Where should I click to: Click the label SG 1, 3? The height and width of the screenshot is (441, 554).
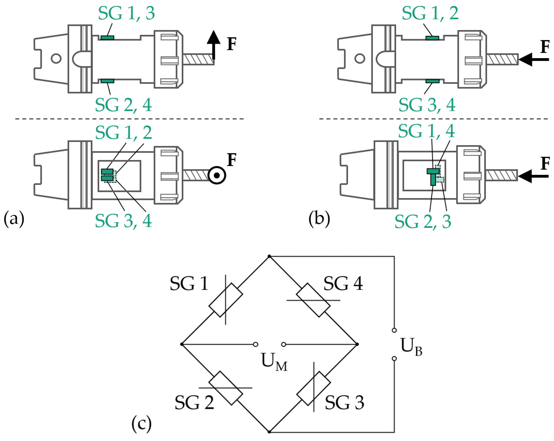[x=126, y=13]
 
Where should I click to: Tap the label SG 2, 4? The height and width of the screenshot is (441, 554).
[x=123, y=105]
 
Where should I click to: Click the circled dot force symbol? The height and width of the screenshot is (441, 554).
[x=217, y=175]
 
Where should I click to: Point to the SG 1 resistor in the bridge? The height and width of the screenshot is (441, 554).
[x=226, y=300]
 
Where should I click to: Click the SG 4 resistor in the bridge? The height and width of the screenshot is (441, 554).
[x=313, y=300]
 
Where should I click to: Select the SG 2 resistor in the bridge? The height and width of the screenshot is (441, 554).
[x=226, y=388]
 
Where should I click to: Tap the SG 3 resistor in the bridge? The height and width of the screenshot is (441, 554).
[x=314, y=388]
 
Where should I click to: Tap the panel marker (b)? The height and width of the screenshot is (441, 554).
[x=319, y=219]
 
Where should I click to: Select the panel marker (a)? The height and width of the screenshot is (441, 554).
[x=14, y=219]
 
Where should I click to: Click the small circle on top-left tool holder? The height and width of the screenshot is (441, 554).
[x=56, y=58]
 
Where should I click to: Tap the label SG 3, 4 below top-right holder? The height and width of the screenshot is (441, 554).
[x=427, y=105]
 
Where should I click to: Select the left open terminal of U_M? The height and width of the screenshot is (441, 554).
[x=255, y=344]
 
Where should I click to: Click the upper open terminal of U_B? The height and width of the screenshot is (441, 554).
[x=394, y=330]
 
